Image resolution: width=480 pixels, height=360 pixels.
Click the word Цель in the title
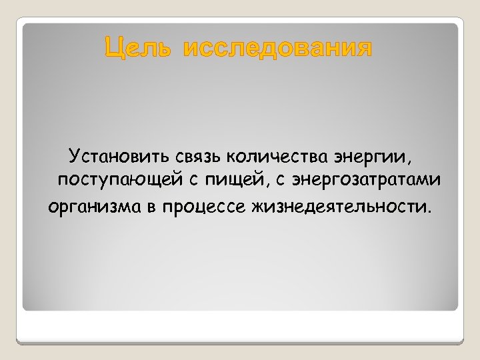[x=139, y=49]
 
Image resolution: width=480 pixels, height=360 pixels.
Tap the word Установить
[x=119, y=157]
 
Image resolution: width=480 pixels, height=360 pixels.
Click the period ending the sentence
[x=429, y=208]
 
